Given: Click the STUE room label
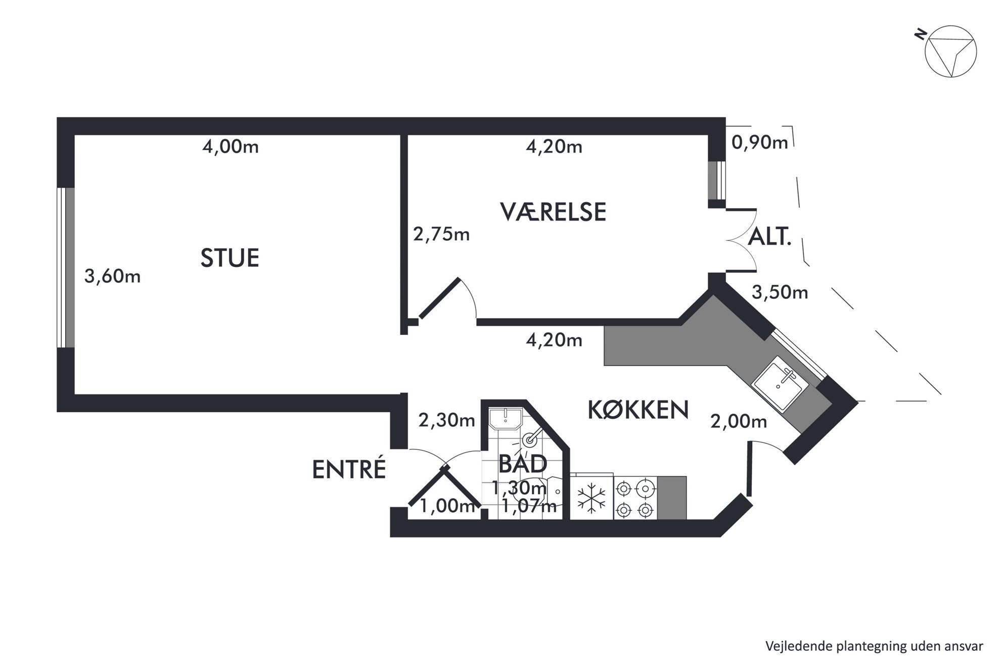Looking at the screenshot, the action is pyautogui.click(x=230, y=258).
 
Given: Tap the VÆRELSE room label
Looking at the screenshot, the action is pyautogui.click(x=553, y=212).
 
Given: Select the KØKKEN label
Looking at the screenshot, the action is pyautogui.click(x=638, y=410).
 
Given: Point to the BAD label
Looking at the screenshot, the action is pyautogui.click(x=523, y=464).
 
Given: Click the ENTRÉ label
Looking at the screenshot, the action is pyautogui.click(x=349, y=469).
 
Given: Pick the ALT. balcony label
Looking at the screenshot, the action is pyautogui.click(x=769, y=237).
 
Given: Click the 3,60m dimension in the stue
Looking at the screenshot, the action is pyautogui.click(x=112, y=276).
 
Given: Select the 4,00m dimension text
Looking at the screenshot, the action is pyautogui.click(x=231, y=147).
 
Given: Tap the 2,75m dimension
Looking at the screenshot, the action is pyautogui.click(x=441, y=234).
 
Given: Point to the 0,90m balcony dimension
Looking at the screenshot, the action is pyautogui.click(x=760, y=143).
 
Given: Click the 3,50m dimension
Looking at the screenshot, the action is pyautogui.click(x=780, y=292).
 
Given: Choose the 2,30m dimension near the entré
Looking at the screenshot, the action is pyautogui.click(x=447, y=420).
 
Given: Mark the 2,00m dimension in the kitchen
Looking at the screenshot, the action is pyautogui.click(x=739, y=421).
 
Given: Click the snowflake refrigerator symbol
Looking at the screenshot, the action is pyautogui.click(x=592, y=497).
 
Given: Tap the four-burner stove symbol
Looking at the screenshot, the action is pyautogui.click(x=635, y=498).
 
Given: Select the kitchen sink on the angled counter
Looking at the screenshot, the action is pyautogui.click(x=778, y=383).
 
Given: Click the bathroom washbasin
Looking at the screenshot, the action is pyautogui.click(x=505, y=419).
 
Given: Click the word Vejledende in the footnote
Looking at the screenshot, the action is pyautogui.click(x=793, y=646).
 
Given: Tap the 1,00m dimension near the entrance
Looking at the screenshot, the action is pyautogui.click(x=448, y=506).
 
